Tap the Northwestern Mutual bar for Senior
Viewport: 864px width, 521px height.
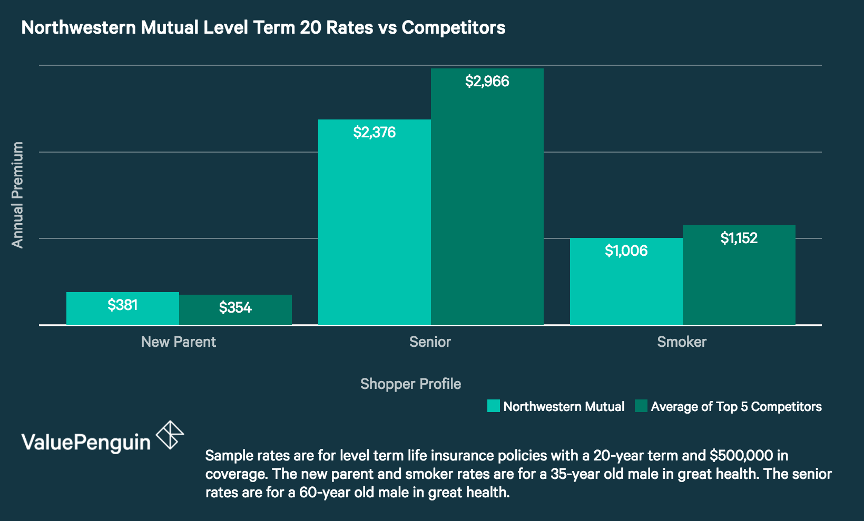click(x=374, y=226)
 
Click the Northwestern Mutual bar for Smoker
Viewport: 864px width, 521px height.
click(x=626, y=287)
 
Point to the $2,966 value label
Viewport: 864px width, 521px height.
click(x=487, y=82)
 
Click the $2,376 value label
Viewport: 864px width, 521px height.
click(x=374, y=133)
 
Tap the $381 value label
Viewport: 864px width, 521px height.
click(x=122, y=305)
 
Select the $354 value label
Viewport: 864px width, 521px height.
click(x=235, y=307)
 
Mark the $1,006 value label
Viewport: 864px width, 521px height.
click(x=626, y=251)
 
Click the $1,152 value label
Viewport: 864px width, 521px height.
click(x=739, y=238)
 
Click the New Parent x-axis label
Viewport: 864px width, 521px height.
click(x=179, y=342)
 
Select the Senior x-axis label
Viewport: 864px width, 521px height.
click(x=430, y=342)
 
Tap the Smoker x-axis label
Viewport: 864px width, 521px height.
click(x=682, y=342)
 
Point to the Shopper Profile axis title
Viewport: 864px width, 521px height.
click(x=410, y=384)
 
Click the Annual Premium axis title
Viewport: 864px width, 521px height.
click(x=17, y=195)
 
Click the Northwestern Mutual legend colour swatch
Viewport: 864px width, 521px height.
click(x=493, y=406)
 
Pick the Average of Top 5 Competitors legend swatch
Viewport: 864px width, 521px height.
click(x=641, y=406)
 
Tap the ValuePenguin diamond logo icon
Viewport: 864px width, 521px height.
click(x=170, y=435)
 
